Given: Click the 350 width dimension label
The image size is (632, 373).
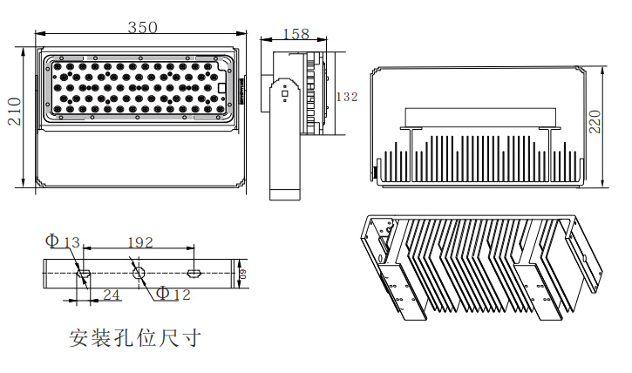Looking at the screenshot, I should coord(143,27).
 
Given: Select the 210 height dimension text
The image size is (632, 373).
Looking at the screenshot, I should coord(14,111).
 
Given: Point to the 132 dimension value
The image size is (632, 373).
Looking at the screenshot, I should coord(346,98).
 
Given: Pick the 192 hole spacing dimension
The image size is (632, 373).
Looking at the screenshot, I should coord(140,241).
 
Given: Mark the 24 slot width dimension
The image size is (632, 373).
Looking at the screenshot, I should coord(111,295).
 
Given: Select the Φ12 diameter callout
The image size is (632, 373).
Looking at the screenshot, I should coord(173,294).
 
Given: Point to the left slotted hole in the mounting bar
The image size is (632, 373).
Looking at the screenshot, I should coord(85,275).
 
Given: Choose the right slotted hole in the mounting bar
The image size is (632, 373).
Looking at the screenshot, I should coord(195,275).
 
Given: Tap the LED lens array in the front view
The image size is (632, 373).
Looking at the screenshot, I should coord(136,87).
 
